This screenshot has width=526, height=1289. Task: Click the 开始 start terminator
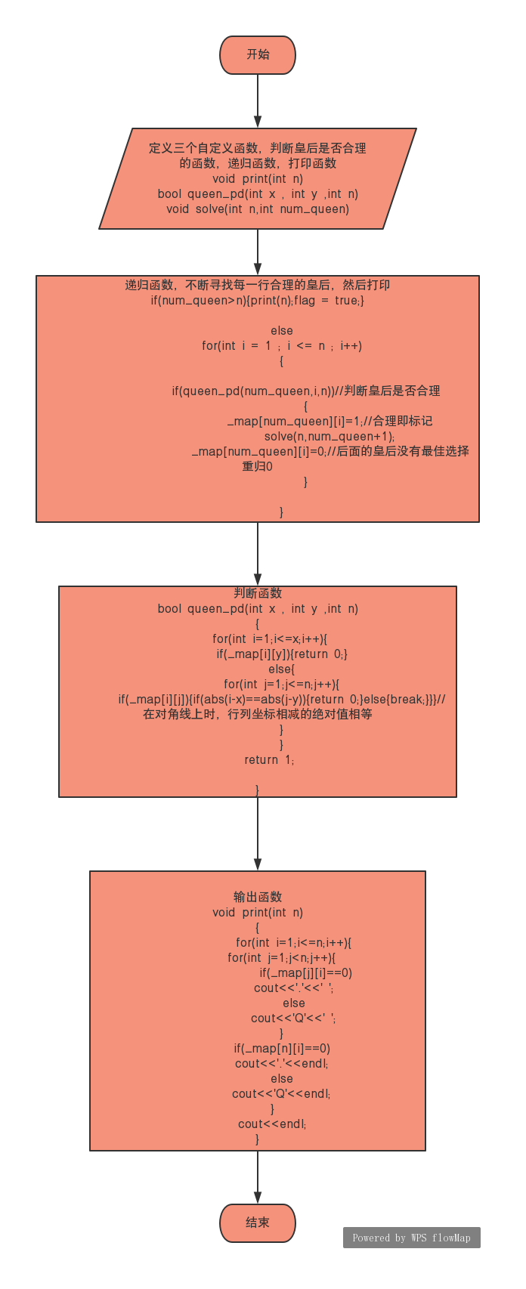[257, 55]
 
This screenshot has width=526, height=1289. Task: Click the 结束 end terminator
[257, 1223]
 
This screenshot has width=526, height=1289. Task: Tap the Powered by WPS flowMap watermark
[411, 1238]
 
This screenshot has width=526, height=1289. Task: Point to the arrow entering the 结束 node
[258, 1176]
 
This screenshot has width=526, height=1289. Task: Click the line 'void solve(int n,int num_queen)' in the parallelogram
[258, 209]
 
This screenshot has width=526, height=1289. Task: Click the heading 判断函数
[258, 593]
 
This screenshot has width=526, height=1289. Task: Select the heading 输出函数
[258, 897]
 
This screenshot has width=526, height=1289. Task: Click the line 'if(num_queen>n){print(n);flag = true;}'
[258, 301]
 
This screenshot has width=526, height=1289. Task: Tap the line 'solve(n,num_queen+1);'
[330, 437]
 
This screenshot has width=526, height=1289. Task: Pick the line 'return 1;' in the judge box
[269, 760]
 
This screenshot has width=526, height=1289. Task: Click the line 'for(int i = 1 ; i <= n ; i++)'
[282, 346]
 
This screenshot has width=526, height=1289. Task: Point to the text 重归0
[257, 467]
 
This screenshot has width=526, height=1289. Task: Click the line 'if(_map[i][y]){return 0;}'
[282, 654]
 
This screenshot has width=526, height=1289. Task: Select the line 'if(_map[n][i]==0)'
[282, 1049]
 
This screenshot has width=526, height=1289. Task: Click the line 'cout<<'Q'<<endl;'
[281, 1094]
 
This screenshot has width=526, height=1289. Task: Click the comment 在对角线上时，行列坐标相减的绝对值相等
[258, 715]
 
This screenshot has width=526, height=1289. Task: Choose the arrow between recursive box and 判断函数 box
[258, 554]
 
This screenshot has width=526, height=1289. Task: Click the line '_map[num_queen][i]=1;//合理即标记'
[330, 422]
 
